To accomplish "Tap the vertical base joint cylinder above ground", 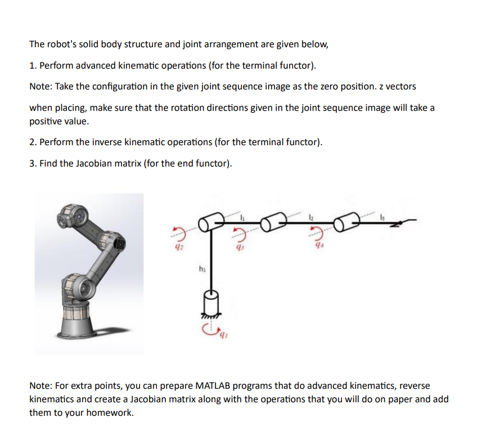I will [209, 304].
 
